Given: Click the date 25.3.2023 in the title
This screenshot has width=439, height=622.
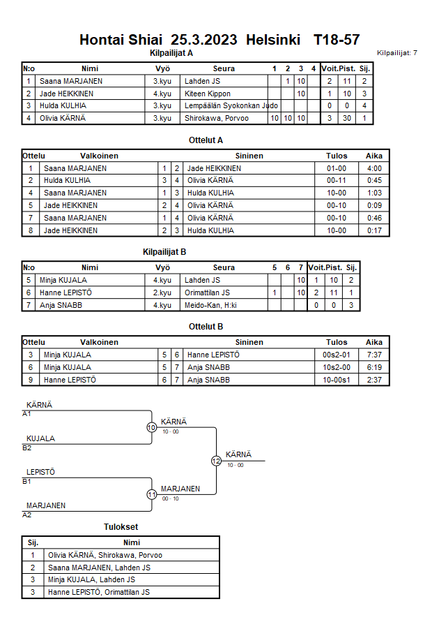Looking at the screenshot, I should tap(205, 40).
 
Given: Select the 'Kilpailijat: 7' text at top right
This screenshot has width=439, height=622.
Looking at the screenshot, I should tap(396, 53).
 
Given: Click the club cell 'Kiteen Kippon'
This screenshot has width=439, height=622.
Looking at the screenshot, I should tap(208, 94).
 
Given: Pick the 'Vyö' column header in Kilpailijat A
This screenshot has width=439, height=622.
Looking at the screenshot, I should tap(162, 68).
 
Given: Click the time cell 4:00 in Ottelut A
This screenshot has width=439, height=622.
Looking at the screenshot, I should tap(374, 168).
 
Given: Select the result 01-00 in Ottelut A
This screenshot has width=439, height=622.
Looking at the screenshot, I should tap(337, 168).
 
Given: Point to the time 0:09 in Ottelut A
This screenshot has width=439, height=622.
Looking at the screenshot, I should tap(374, 205).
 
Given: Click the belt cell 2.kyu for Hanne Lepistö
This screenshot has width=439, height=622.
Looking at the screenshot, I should tap(162, 293).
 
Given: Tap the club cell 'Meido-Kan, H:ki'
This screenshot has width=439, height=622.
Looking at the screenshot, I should tap(210, 305).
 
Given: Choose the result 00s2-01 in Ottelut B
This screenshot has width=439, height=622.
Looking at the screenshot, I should tap(337, 355).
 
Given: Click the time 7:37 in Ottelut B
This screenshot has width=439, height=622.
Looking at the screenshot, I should tap(374, 355).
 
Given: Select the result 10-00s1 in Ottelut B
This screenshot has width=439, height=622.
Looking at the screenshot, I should tap(337, 380).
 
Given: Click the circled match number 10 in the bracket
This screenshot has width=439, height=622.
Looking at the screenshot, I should tap(151, 427).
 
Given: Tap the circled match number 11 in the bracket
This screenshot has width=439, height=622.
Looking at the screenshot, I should tap(151, 494).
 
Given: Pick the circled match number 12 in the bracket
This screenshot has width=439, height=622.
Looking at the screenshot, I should tap(216, 461).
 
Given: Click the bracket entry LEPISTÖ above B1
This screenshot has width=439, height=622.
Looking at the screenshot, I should tap(40, 472).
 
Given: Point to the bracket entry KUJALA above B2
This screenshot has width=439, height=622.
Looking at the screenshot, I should tap(40, 438).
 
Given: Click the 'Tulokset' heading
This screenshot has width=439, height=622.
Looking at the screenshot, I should tap(121, 526).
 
